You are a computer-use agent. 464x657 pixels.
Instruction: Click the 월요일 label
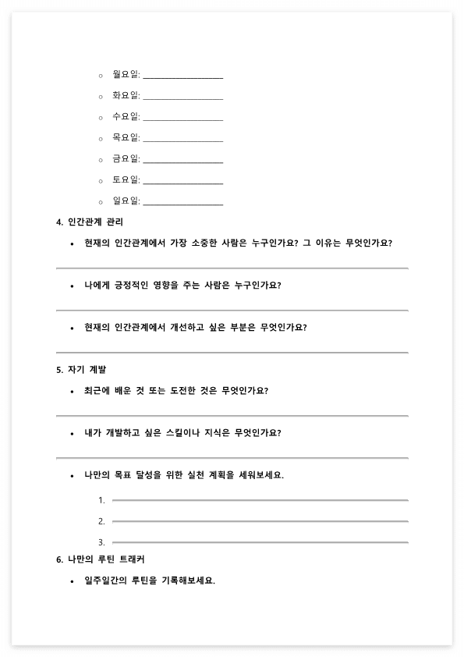(125, 75)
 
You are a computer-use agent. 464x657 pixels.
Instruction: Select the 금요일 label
(125, 159)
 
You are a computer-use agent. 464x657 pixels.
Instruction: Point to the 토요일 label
(125, 180)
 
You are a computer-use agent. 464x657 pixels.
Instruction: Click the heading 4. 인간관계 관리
(90, 222)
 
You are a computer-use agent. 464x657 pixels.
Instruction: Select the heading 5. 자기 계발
(81, 369)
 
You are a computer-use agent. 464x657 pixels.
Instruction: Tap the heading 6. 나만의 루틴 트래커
(100, 559)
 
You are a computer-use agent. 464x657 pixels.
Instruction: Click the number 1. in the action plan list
(101, 500)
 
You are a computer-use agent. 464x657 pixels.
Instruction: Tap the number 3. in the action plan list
(101, 542)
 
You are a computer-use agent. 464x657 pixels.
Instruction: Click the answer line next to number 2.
(260, 520)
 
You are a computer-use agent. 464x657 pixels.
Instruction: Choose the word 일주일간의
(108, 581)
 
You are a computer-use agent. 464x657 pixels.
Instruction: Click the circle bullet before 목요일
(101, 139)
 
